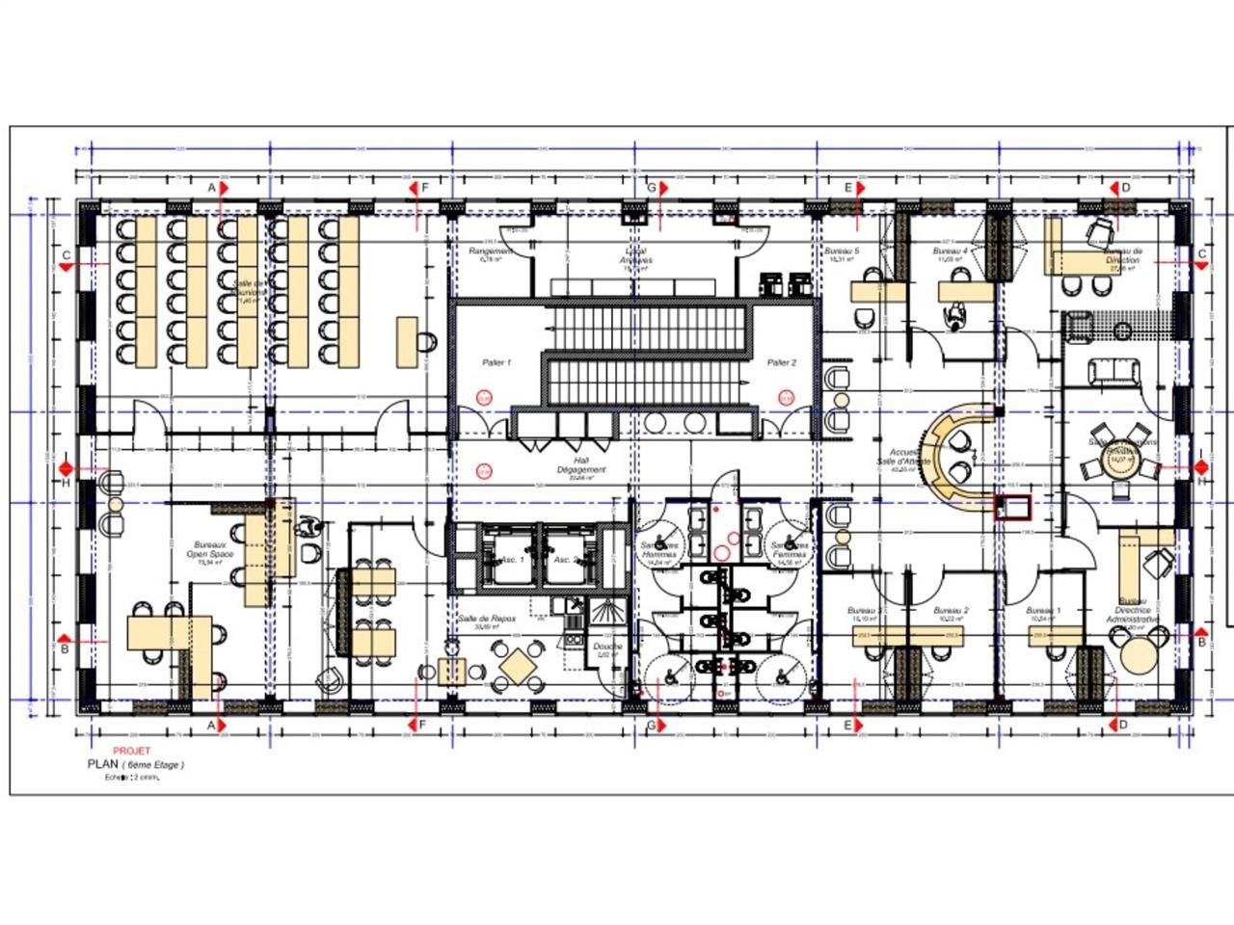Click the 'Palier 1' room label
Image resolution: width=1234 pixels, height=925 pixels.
pos(496,362)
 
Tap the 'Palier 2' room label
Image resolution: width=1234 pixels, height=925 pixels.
pos(782,362)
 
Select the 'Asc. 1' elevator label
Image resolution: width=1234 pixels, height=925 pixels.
pos(512,559)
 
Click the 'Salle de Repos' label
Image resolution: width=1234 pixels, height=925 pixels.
pos(487,619)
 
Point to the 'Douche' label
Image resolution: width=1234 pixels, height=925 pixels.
pos(606,647)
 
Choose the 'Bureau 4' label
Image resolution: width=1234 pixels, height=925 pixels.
pos(950,251)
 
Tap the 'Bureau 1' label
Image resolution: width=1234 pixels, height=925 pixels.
pos(1043,611)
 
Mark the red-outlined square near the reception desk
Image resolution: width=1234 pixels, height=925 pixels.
pos(1013,507)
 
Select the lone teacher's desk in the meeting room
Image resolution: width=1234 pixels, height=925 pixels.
pos(407,342)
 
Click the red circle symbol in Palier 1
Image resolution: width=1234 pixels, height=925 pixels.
pos(484,396)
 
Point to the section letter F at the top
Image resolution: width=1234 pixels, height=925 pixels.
pos(423,187)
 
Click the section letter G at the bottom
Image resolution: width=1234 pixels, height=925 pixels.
pos(651,725)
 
